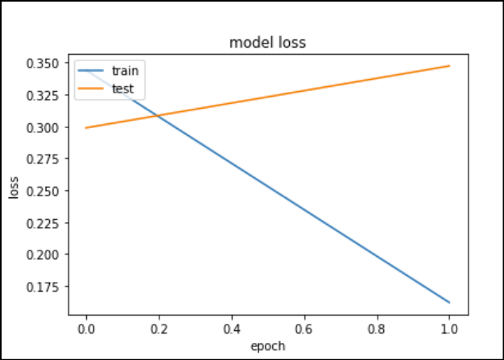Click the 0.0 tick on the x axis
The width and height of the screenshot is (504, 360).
(85, 330)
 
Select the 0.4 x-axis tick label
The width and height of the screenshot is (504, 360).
(231, 330)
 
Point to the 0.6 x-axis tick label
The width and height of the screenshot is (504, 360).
(304, 330)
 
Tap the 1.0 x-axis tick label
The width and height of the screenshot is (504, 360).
(449, 330)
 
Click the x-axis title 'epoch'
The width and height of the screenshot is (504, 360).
(266, 346)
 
